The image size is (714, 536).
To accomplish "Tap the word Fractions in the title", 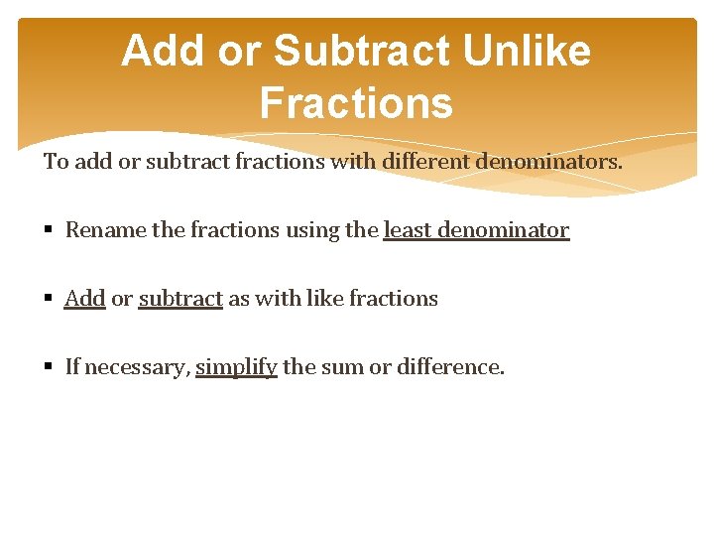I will point(356,102).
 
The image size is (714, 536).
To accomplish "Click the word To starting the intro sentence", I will point(56,161).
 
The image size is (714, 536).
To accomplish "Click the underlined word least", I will point(408,230).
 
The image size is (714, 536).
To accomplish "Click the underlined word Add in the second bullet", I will point(84,299).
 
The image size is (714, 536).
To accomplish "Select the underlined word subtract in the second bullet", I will point(180,299).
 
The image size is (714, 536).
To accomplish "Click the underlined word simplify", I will point(236,367).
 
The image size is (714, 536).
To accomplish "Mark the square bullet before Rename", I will point(50,231).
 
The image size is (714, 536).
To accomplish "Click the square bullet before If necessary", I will point(50,368).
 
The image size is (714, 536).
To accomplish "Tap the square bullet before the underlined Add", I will point(50,300).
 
